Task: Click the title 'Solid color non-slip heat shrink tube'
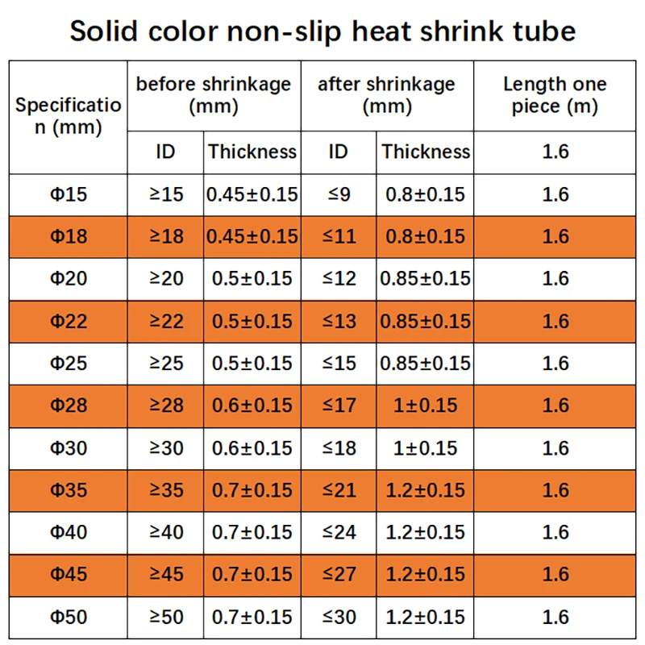[322, 31]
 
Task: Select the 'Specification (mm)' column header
[69, 116]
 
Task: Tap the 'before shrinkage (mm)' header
[214, 95]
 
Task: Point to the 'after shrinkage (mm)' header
[386, 95]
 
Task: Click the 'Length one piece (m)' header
[555, 95]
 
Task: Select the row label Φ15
[69, 194]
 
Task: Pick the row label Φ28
[69, 406]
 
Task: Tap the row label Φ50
[69, 618]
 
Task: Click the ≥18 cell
[166, 237]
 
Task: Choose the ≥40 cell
[166, 532]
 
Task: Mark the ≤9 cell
[339, 194]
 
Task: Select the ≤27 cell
[339, 575]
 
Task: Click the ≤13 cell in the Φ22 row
[339, 322]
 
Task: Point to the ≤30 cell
[339, 618]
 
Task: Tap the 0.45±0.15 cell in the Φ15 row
[252, 194]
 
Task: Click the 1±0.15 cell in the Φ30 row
[425, 448]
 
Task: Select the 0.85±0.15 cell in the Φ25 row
[425, 364]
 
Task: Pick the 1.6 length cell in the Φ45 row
[556, 575]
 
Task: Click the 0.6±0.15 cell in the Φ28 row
[252, 406]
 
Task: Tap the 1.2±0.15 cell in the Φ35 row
[425, 490]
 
